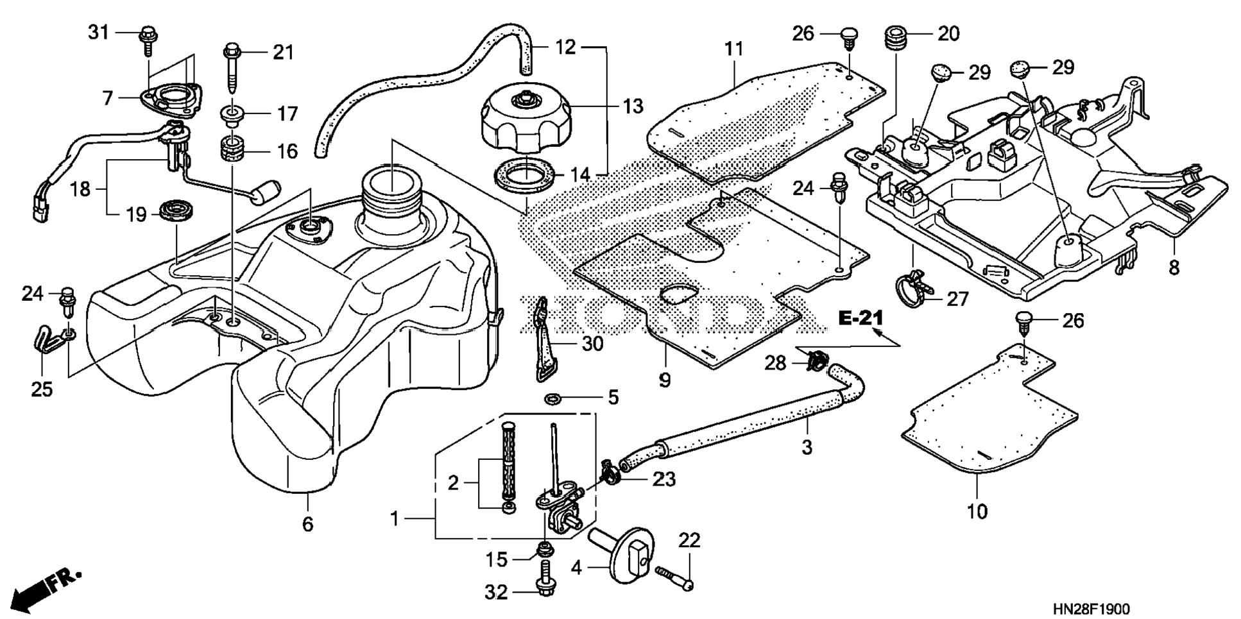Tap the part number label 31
99,31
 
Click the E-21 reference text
860,318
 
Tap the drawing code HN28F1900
1090,608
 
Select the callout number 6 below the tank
308,524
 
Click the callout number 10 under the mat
977,511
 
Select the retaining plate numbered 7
167,100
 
